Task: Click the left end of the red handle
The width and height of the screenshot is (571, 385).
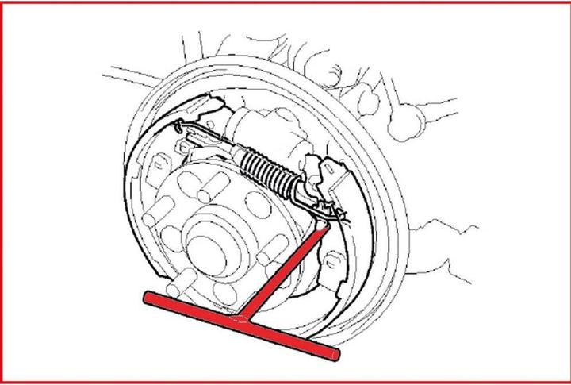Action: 148,297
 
